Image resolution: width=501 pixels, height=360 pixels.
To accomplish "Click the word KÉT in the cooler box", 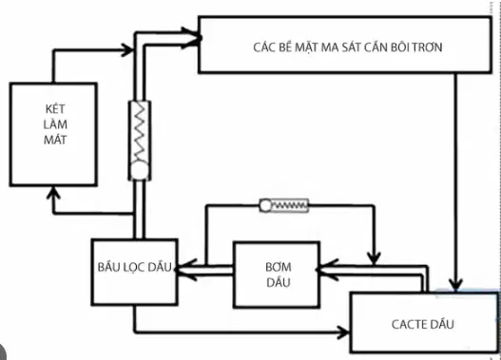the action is tap(55, 108).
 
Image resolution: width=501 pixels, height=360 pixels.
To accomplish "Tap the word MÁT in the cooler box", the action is tap(55, 140).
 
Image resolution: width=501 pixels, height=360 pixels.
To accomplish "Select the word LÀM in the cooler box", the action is tap(55, 124).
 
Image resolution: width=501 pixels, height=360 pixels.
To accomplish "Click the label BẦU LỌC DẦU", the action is tap(134, 267).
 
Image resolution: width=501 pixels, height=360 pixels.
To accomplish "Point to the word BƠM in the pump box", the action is tap(278, 267).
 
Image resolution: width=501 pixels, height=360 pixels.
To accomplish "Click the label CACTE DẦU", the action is tap(422, 324).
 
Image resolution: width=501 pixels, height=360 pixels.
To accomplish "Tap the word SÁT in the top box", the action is tap(350, 47).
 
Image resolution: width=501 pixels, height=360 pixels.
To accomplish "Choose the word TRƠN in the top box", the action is tap(428, 47).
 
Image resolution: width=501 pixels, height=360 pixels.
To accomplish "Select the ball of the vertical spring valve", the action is tap(140, 170).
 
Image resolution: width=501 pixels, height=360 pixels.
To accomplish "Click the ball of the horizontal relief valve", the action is tap(265, 206).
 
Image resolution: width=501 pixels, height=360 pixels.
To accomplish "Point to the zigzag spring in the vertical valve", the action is tap(140, 132).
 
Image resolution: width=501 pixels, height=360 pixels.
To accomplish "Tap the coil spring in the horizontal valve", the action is tap(289, 206).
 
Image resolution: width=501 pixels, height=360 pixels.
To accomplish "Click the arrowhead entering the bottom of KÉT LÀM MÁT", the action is tap(53, 192).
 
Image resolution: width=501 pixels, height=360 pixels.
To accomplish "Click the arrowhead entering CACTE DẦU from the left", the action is tap(344, 332).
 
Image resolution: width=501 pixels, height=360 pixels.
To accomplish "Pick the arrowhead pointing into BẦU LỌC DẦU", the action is tap(185, 270).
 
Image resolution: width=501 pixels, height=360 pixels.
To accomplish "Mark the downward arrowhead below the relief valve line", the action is tap(374, 257).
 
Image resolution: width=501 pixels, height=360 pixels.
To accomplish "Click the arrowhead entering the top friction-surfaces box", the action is tap(192, 38).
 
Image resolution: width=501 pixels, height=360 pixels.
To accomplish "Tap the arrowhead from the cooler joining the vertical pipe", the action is tap(127, 49).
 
